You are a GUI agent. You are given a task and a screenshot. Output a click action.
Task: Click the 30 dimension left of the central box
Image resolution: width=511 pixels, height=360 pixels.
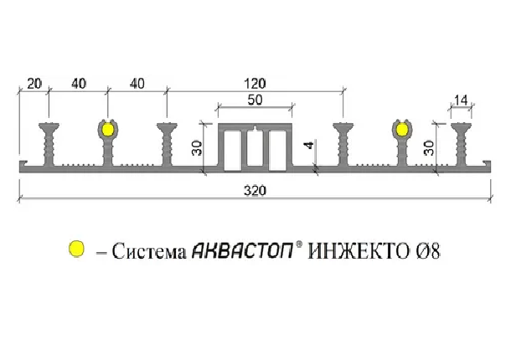pyautogui.click(x=197, y=148)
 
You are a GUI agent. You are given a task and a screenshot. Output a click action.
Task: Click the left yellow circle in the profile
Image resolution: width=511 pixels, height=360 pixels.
pyautogui.click(x=107, y=130)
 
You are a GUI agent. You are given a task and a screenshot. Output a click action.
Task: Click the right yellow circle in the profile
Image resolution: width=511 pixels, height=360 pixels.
pyautogui.click(x=403, y=130)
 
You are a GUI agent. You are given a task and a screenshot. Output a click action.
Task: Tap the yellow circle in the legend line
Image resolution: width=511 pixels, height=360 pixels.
pyautogui.click(x=76, y=249)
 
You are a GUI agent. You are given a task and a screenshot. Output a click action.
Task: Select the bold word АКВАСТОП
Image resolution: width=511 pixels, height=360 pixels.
pyautogui.click(x=240, y=250)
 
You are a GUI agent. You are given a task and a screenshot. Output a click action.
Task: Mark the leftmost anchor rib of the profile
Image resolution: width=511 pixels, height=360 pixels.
pyautogui.click(x=49, y=144)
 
